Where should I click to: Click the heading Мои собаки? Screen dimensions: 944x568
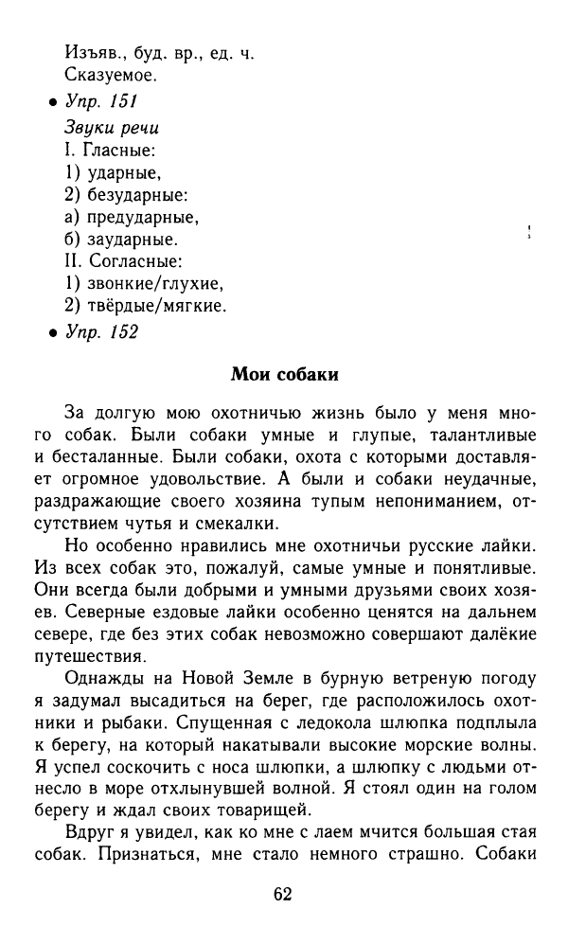click(284, 374)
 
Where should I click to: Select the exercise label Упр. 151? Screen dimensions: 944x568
click(100, 103)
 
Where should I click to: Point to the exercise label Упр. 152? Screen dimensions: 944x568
click(100, 331)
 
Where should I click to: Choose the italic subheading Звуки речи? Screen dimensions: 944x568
click(111, 127)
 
